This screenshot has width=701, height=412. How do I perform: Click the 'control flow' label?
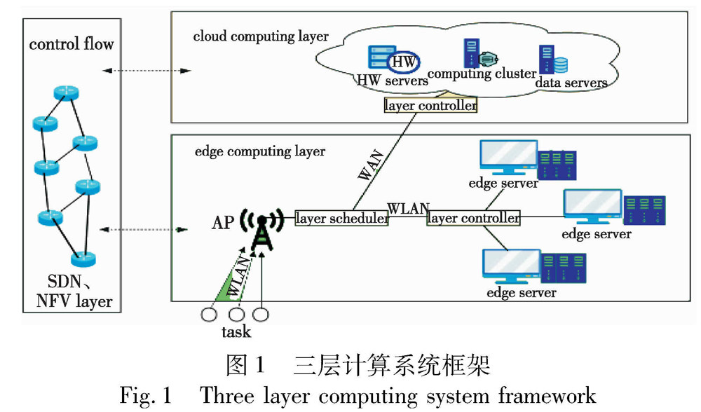coord(72,44)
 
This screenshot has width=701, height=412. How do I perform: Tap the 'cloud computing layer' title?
coord(261,36)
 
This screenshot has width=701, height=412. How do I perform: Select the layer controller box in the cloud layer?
coord(430,106)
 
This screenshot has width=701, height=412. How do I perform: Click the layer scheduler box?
coord(341,219)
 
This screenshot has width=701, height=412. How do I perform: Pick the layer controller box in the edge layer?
coord(474,219)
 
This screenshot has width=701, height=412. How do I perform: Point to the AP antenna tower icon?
coord(261,228)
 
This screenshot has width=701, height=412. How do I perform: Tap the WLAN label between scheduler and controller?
coord(408,208)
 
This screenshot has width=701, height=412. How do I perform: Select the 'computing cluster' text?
coord(482,74)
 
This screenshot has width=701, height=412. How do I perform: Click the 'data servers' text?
coord(571,83)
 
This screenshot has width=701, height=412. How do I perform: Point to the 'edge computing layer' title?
coord(259,151)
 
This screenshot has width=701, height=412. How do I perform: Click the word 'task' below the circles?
coord(236,332)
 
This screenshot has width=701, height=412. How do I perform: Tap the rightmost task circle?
coord(260,315)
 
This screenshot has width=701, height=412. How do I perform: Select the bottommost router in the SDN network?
coord(83,259)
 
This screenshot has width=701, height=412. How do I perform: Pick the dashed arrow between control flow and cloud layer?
coord(146,71)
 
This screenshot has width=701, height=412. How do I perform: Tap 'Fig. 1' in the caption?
coord(146,395)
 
